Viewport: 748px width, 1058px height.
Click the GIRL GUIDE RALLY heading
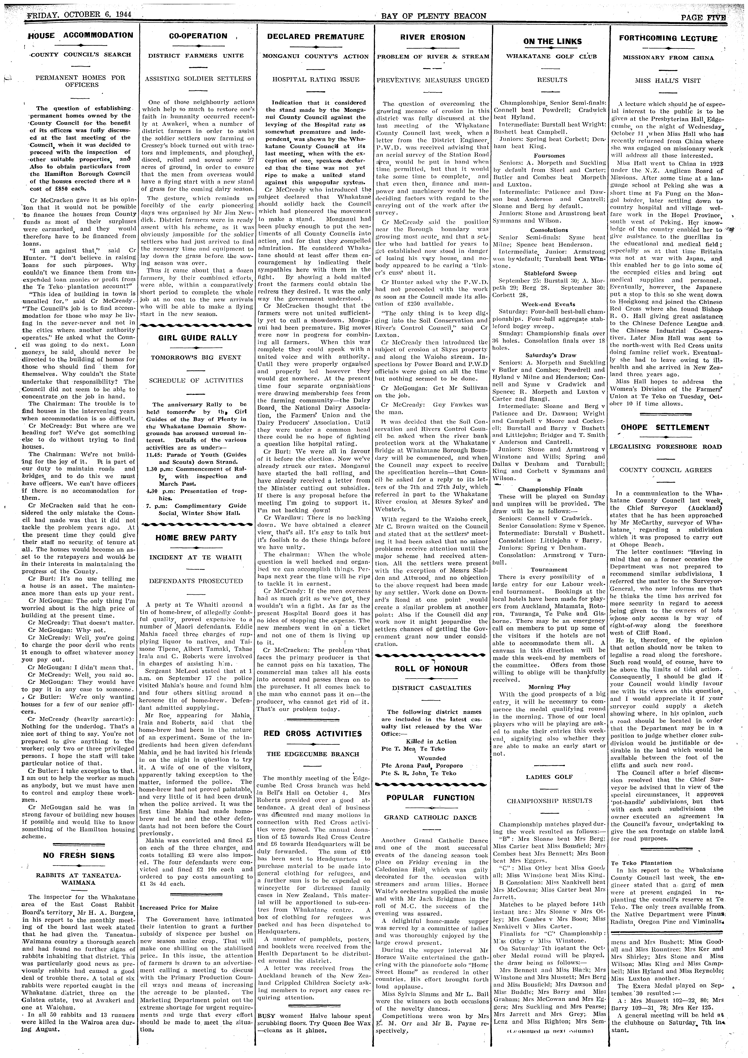point(198,338)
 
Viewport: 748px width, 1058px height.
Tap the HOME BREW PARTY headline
point(196,538)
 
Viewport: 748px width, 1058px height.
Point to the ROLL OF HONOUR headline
point(431,669)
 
